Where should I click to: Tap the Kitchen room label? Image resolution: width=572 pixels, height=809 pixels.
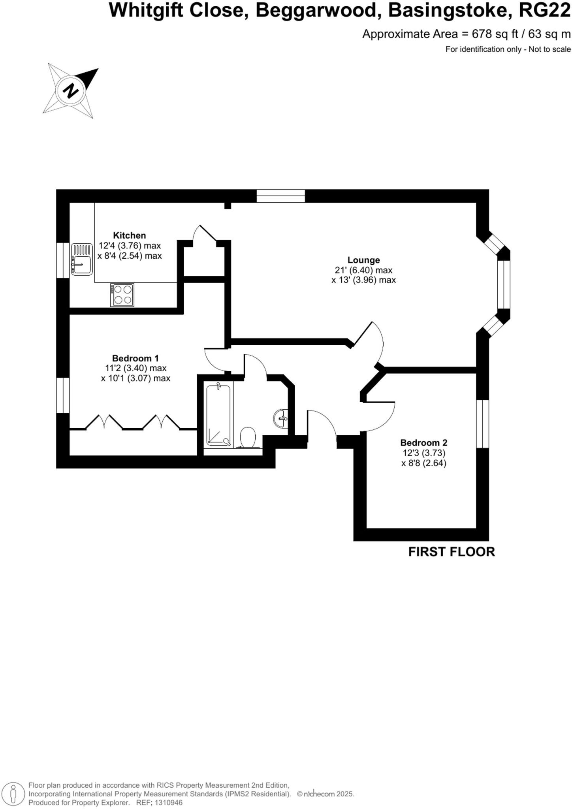(130, 235)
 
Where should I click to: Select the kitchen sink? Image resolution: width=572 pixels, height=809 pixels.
(82, 259)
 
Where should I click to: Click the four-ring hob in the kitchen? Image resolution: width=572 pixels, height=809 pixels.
(122, 295)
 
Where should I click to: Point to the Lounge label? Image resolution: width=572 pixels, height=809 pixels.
(363, 260)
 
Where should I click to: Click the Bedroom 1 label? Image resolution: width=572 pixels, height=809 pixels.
(135, 358)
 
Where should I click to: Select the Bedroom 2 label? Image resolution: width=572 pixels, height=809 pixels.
(424, 442)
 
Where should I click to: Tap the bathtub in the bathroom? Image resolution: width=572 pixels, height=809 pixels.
(218, 415)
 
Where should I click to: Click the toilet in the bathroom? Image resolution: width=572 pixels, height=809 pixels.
(248, 437)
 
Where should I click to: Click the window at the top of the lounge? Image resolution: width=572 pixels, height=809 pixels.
(280, 196)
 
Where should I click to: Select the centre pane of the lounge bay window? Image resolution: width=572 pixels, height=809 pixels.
(504, 284)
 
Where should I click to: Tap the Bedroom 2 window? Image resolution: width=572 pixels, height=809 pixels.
(483, 424)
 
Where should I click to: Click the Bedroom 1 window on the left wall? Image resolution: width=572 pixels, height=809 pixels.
(63, 395)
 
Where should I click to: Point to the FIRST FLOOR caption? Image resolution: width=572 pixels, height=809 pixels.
(452, 552)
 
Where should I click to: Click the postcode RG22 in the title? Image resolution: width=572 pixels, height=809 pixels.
(544, 10)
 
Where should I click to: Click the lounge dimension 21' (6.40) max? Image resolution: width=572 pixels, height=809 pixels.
(363, 270)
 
